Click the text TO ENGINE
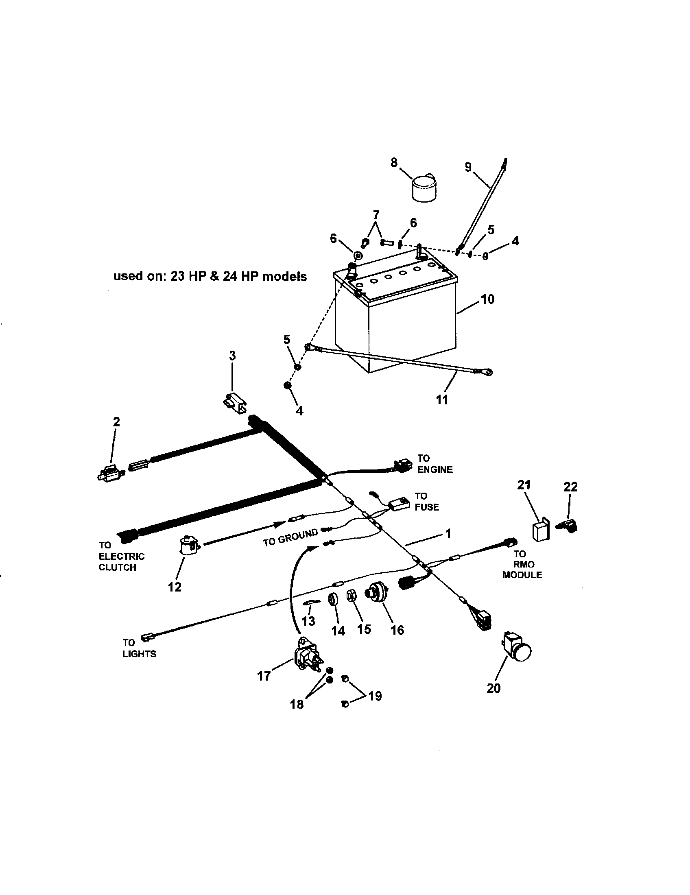point(435,463)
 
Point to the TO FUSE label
point(426,502)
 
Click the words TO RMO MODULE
point(522,564)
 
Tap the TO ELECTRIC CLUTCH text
point(121,556)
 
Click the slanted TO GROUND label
point(290,537)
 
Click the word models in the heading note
point(284,277)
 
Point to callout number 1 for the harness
point(448,533)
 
